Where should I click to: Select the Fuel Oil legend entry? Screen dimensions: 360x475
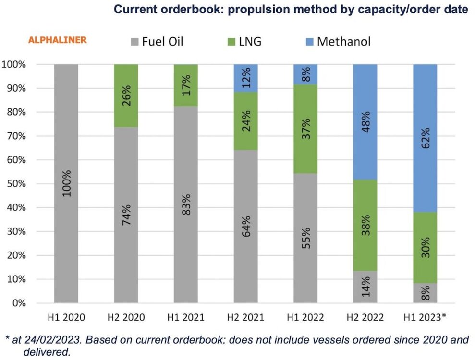point(157,41)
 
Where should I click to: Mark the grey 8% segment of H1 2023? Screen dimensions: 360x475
point(425,293)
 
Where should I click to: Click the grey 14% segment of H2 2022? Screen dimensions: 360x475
point(365,287)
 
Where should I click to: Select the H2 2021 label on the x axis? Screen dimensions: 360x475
point(245,317)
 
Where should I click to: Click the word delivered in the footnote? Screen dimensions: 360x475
point(47,352)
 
